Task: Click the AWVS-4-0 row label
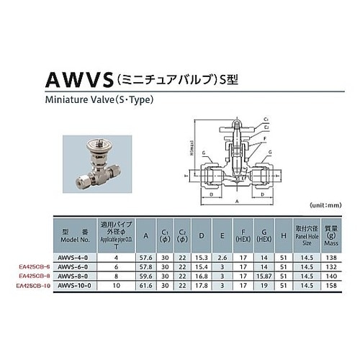pyautogui.click(x=75, y=256)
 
